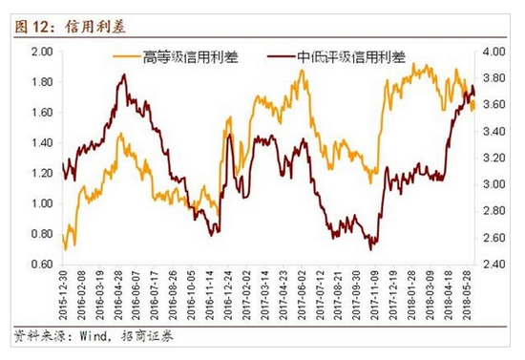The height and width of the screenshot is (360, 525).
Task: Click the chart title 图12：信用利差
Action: point(71,27)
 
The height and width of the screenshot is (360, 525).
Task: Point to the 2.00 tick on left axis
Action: point(42,52)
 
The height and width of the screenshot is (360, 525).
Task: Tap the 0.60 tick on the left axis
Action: point(42,265)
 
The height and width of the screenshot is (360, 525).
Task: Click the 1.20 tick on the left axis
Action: point(42,174)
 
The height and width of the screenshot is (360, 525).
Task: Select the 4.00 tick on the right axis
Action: point(493,52)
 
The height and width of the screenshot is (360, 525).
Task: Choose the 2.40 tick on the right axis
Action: point(493,265)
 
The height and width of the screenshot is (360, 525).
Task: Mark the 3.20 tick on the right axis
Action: point(493,158)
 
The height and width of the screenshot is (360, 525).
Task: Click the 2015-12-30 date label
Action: point(63,295)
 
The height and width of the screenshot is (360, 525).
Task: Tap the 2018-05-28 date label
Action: point(467,295)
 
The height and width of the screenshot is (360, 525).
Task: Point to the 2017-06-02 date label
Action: point(302,295)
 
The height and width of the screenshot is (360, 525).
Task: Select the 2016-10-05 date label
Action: point(192,295)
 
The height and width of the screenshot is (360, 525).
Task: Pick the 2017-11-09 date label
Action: point(375,295)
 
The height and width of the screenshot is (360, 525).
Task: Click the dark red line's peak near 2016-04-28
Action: point(124,74)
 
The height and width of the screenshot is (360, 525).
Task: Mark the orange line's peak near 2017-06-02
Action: point(302,70)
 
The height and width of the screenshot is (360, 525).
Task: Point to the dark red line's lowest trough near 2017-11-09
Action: point(370,250)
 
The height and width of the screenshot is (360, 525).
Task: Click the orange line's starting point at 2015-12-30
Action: point(63,235)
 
